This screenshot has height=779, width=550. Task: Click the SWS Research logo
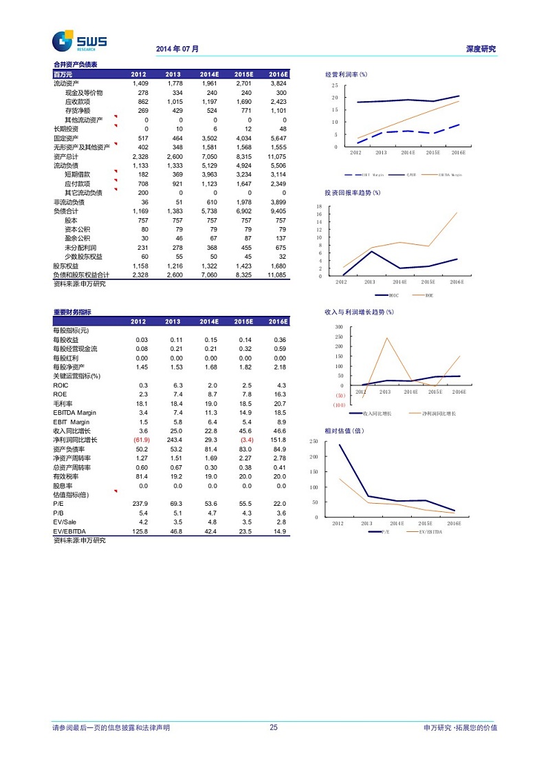click(x=80, y=41)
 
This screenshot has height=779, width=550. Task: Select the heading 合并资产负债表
click(x=76, y=65)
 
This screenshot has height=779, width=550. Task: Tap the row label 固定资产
click(x=66, y=138)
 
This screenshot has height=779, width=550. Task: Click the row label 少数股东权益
click(x=83, y=256)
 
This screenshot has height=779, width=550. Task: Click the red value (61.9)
click(x=138, y=440)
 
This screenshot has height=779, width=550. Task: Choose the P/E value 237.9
click(x=140, y=504)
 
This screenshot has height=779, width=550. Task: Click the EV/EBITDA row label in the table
click(x=69, y=531)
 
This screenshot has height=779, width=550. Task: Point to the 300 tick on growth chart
click(x=339, y=327)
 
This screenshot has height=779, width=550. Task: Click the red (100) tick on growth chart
click(x=339, y=405)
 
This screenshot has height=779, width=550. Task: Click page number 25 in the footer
click(x=274, y=727)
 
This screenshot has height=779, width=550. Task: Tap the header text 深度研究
click(x=481, y=50)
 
